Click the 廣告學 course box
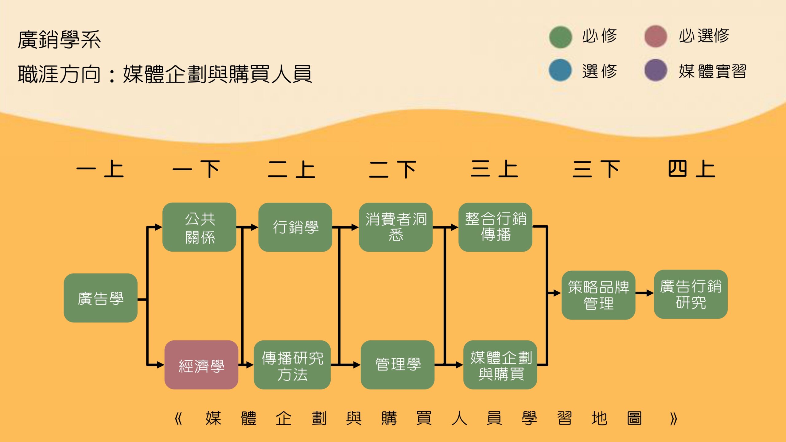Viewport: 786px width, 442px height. click(100, 298)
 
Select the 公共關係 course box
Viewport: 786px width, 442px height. click(199, 227)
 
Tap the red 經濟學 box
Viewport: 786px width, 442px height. click(201, 365)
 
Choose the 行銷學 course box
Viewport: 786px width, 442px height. click(295, 227)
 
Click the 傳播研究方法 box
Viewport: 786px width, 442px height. click(292, 365)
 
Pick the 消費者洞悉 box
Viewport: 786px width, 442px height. click(395, 227)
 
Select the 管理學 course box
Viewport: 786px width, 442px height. click(397, 365)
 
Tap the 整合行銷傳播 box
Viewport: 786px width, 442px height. click(495, 227)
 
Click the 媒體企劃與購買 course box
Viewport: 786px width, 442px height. click(500, 365)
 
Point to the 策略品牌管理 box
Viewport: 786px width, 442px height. click(598, 295)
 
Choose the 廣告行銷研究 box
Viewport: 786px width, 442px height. click(691, 294)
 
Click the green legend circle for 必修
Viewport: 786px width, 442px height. click(560, 37)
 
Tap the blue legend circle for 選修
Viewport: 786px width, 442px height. click(560, 70)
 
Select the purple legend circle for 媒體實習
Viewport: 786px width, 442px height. click(656, 70)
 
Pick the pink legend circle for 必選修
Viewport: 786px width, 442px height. click(656, 37)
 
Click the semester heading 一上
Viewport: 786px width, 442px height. click(100, 169)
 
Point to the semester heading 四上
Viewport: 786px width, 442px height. click(691, 169)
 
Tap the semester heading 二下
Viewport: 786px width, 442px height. click(393, 169)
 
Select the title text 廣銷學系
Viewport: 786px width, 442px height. click(59, 40)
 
